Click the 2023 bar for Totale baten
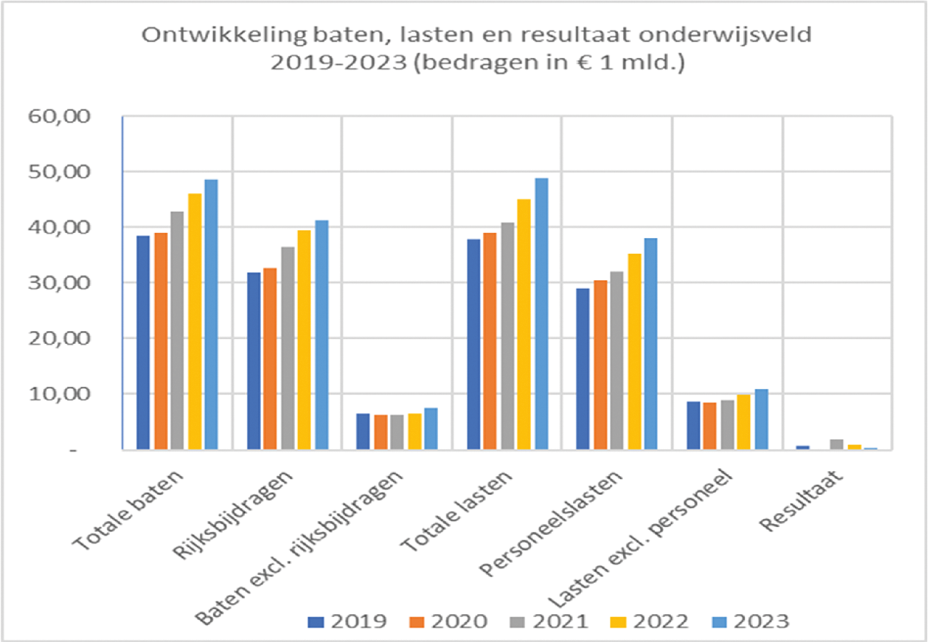(x=211, y=315)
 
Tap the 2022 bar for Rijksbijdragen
(x=304, y=340)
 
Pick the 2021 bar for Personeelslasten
(x=617, y=360)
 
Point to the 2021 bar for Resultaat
(x=837, y=445)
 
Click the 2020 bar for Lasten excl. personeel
(x=709, y=426)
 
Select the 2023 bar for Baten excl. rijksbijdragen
(x=430, y=429)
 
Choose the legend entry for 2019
(x=348, y=621)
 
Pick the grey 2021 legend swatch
(x=522, y=622)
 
